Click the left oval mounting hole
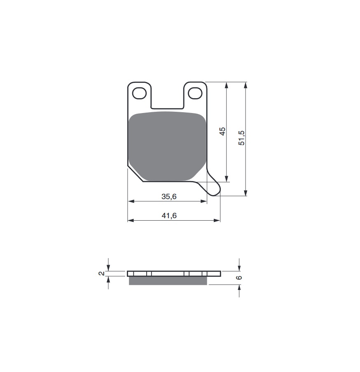coord(139,93)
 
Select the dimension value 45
coord(222,132)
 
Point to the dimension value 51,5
coord(242,138)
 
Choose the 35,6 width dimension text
coord(169,197)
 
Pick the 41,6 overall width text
coord(169,216)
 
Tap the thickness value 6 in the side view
coord(239,278)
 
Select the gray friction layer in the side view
coord(168,280)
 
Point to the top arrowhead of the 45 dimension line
coord(227,85)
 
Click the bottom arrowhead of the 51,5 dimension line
coord(246,193)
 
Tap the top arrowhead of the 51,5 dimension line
coord(246,85)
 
